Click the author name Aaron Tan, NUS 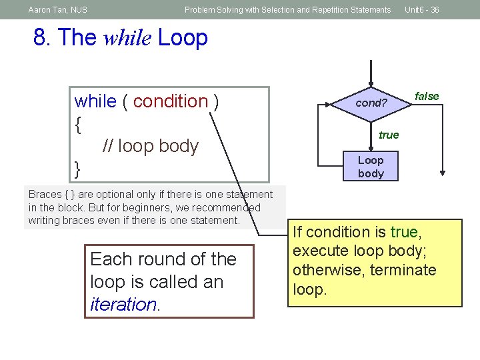58,10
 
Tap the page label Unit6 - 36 421,10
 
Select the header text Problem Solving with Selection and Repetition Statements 287,10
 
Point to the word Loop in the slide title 183,38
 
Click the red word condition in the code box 171,101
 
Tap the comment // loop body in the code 151,146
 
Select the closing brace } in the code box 78,169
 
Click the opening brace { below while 79,124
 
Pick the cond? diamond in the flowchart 371,103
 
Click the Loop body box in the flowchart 371,167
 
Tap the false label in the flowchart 427,97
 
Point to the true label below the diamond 389,135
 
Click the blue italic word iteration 123,305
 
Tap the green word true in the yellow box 404,233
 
